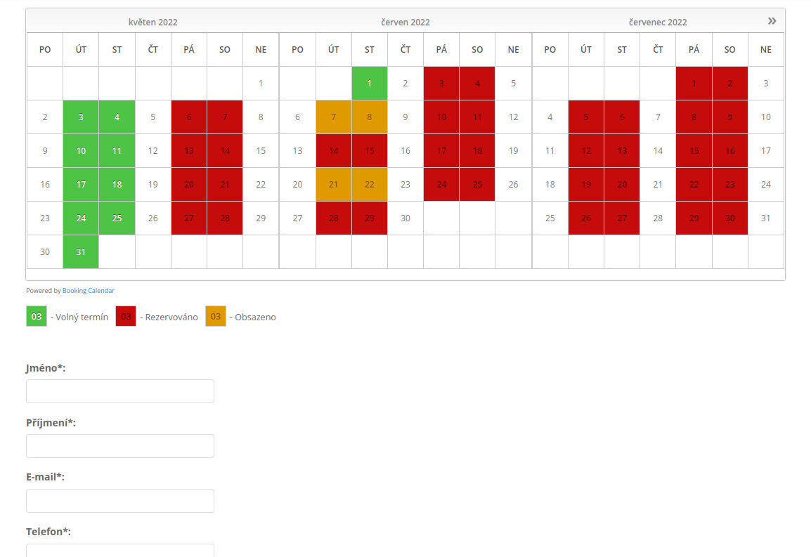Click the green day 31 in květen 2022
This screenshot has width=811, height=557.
pyautogui.click(x=81, y=252)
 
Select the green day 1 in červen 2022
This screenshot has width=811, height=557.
pyautogui.click(x=369, y=84)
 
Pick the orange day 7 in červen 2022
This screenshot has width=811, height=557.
pyautogui.click(x=334, y=117)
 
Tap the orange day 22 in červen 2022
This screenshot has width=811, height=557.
pyautogui.click(x=369, y=185)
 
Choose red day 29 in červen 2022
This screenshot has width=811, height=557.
pyautogui.click(x=369, y=218)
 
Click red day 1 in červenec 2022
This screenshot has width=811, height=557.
pyautogui.click(x=694, y=84)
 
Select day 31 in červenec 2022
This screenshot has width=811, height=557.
pyautogui.click(x=765, y=218)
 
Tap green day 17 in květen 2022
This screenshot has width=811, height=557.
pyautogui.click(x=81, y=185)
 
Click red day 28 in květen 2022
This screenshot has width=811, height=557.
pyautogui.click(x=224, y=218)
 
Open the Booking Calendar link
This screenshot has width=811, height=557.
pyautogui.click(x=89, y=291)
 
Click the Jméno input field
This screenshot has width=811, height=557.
pyautogui.click(x=120, y=391)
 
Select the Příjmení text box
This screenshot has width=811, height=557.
pyautogui.click(x=120, y=446)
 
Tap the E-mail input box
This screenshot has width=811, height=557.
pyautogui.click(x=120, y=501)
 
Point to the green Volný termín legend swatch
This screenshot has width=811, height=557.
pyautogui.click(x=37, y=317)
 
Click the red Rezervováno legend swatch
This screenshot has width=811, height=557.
pyautogui.click(x=126, y=317)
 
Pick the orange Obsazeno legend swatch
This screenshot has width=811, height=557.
pyautogui.click(x=216, y=317)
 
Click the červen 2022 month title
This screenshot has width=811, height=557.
pyautogui.click(x=405, y=22)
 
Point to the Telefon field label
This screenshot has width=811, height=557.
pyautogui.click(x=48, y=532)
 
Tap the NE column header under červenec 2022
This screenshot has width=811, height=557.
pyautogui.click(x=765, y=50)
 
